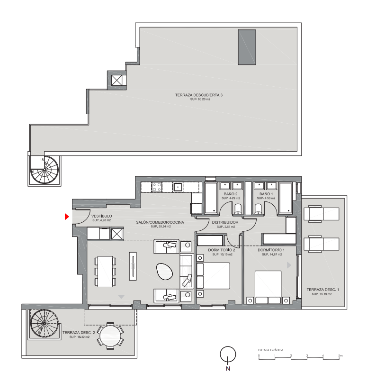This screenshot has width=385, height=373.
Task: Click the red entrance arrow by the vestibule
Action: click(x=67, y=217)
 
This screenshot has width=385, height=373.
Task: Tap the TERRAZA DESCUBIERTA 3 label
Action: click(x=198, y=95)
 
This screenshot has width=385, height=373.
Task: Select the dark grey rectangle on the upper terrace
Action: click(x=247, y=47)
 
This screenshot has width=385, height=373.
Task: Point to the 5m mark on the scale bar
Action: click(x=340, y=355)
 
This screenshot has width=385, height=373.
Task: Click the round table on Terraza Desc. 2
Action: click(x=110, y=336)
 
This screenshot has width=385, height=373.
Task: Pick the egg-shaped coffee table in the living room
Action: click(x=164, y=272)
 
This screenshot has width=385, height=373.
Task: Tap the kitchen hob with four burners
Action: click(x=157, y=187)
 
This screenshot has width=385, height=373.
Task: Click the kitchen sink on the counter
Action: click(x=178, y=187)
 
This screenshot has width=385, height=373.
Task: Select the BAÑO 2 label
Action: click(x=231, y=194)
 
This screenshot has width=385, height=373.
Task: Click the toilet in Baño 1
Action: click(x=258, y=209)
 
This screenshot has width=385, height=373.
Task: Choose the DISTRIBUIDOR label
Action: click(x=225, y=222)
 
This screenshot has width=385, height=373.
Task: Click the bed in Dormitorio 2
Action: click(x=214, y=276)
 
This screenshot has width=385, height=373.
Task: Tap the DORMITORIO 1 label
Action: click(x=271, y=250)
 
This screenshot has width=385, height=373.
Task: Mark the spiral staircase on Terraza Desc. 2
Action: click(x=45, y=323)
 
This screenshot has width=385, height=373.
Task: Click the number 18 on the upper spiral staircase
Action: click(x=42, y=160)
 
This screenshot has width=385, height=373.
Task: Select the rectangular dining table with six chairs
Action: click(x=105, y=272)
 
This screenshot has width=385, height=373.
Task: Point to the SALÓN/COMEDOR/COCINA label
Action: click(x=160, y=222)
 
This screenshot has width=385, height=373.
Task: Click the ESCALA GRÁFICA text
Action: click(x=270, y=350)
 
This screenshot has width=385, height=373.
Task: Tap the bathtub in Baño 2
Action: click(x=211, y=198)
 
